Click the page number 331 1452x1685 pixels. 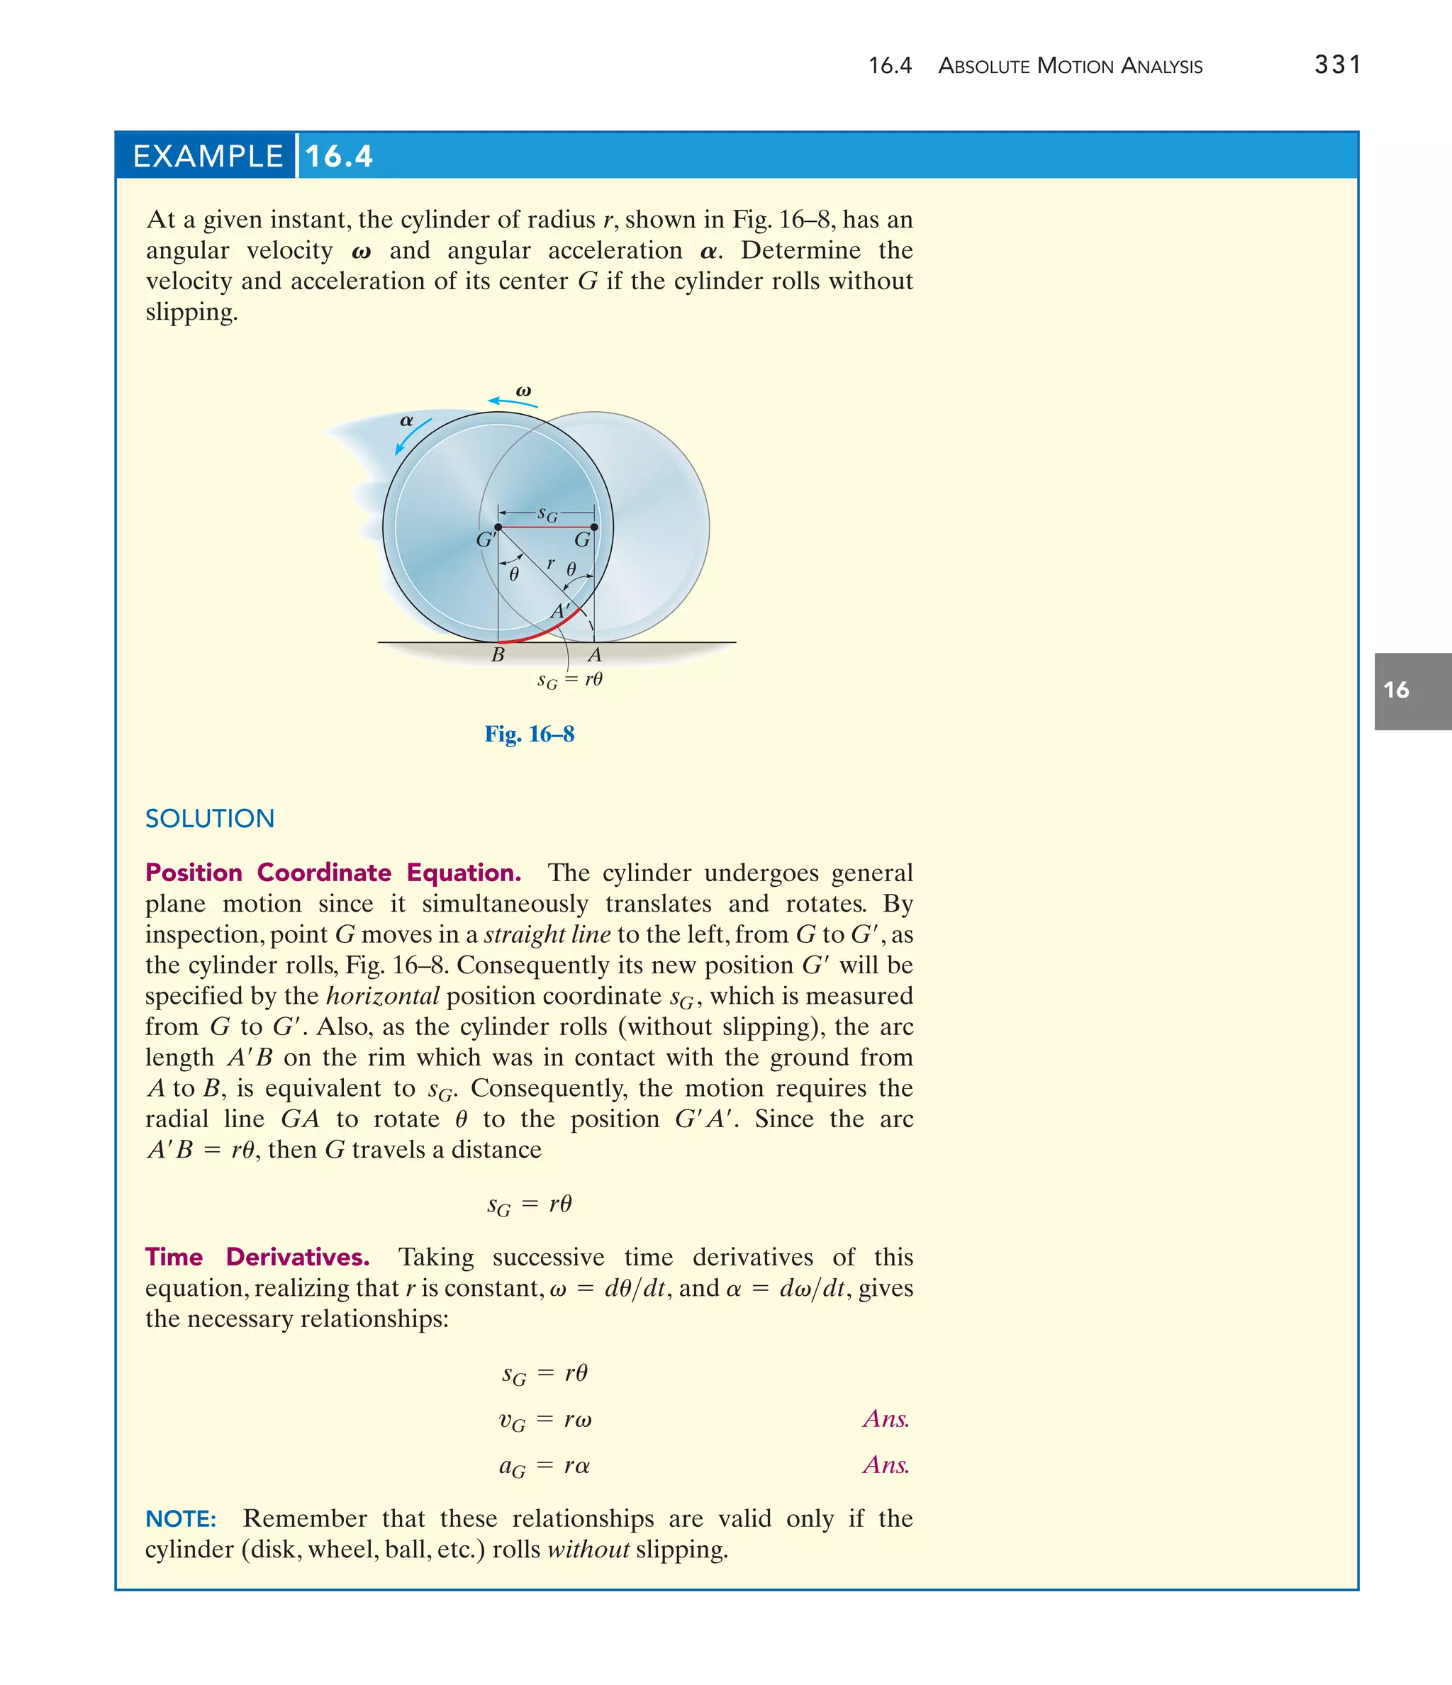tap(1336, 65)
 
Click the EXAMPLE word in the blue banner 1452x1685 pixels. tap(208, 156)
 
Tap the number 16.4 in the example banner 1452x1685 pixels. tap(339, 156)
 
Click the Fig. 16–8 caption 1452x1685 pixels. tap(530, 734)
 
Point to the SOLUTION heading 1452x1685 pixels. tap(210, 818)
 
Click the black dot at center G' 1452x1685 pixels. tap(498, 527)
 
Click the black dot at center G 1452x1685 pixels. tap(594, 527)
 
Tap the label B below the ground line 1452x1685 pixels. tap(498, 654)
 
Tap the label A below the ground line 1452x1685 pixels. tap(595, 654)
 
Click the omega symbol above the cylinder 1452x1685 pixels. tap(524, 391)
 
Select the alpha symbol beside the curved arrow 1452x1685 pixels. tap(406, 420)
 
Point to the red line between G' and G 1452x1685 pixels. tap(546, 527)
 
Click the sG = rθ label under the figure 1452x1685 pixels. tap(569, 680)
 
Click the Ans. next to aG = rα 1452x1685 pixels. tap(886, 1465)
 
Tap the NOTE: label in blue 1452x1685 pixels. tap(181, 1518)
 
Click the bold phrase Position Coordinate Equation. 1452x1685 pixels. tap(333, 873)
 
